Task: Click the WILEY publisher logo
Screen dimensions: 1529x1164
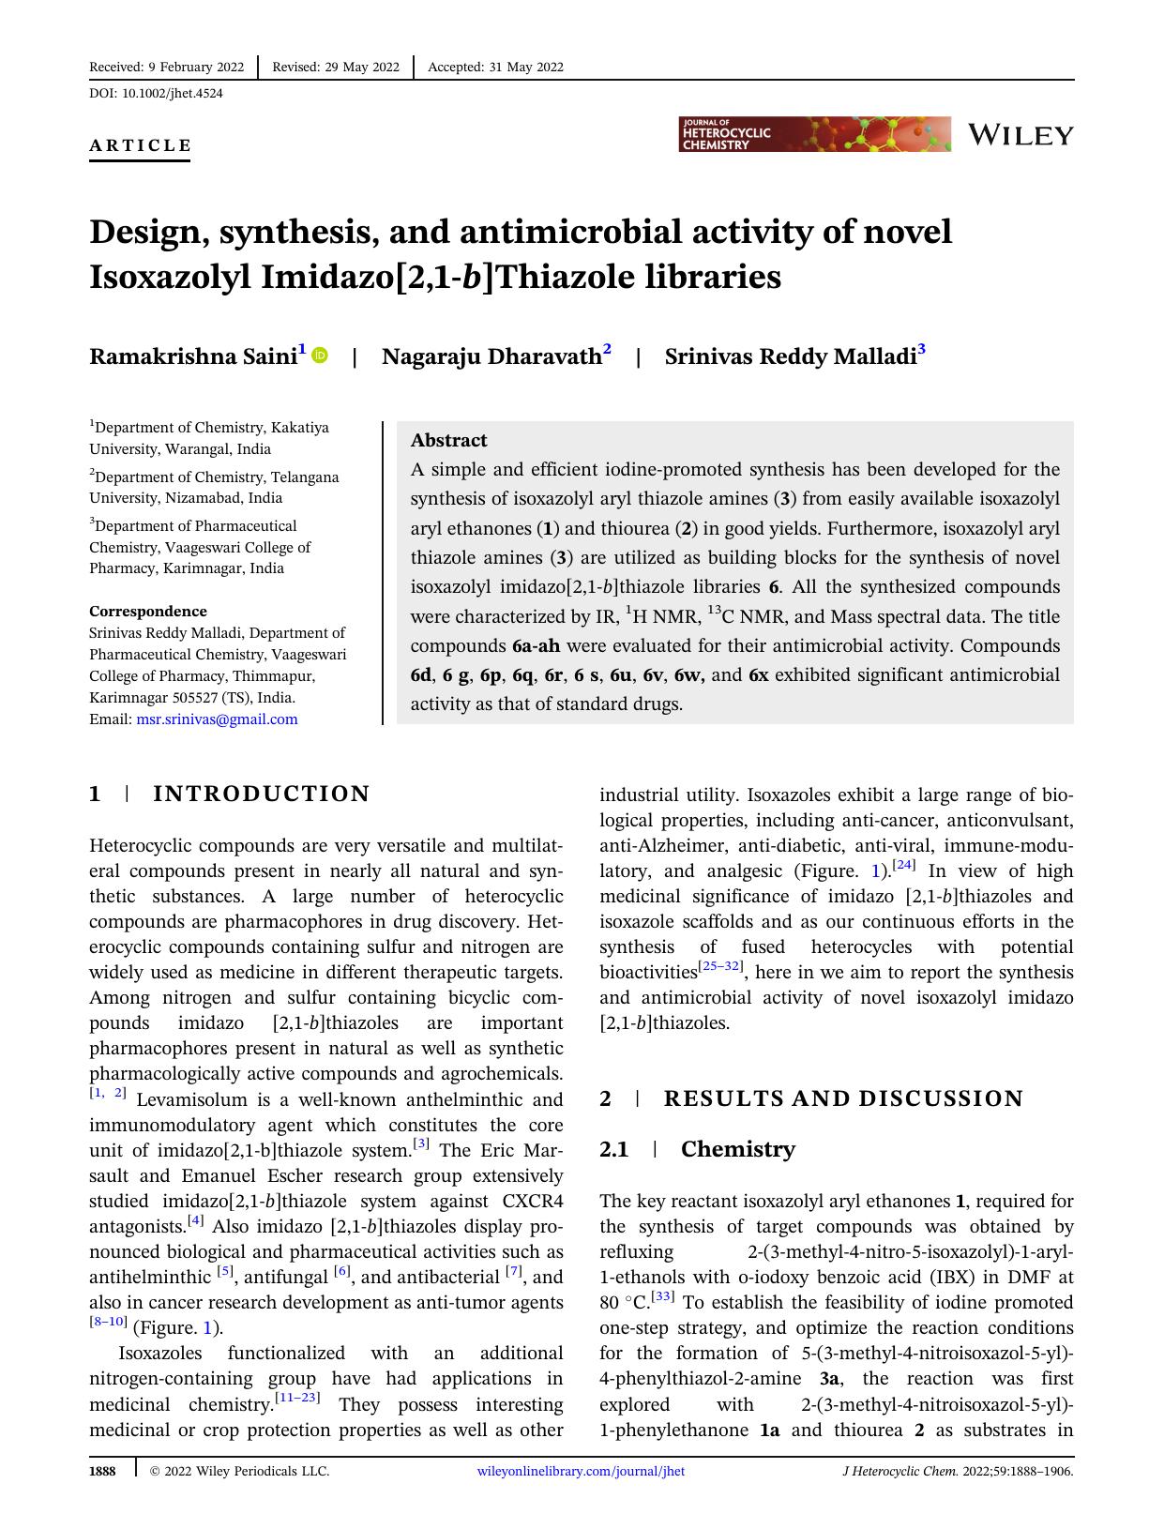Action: [1020, 135]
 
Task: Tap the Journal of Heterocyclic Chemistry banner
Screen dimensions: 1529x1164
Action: [814, 134]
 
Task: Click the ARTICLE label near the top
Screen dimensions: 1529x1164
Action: [141, 145]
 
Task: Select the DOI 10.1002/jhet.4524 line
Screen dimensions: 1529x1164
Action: [156, 93]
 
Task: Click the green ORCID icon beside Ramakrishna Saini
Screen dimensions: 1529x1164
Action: [320, 356]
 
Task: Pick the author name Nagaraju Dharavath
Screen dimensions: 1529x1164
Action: [491, 356]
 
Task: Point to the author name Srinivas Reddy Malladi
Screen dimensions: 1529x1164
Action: [790, 356]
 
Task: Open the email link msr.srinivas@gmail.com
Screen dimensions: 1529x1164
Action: [217, 719]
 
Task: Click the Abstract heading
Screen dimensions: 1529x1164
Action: [448, 440]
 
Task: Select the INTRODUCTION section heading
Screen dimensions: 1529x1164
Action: [262, 794]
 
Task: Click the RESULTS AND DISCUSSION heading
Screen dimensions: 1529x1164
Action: [843, 1098]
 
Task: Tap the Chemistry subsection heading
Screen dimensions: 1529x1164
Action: [737, 1149]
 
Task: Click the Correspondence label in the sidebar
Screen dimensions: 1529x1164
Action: [148, 611]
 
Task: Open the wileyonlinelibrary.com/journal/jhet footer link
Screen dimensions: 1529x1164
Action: [581, 1471]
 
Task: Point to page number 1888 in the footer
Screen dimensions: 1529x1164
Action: [102, 1471]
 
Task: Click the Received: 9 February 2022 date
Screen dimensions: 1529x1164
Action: [166, 67]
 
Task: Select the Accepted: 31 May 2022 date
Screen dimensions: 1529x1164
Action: [495, 67]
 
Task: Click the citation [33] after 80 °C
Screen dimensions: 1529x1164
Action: [663, 1298]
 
